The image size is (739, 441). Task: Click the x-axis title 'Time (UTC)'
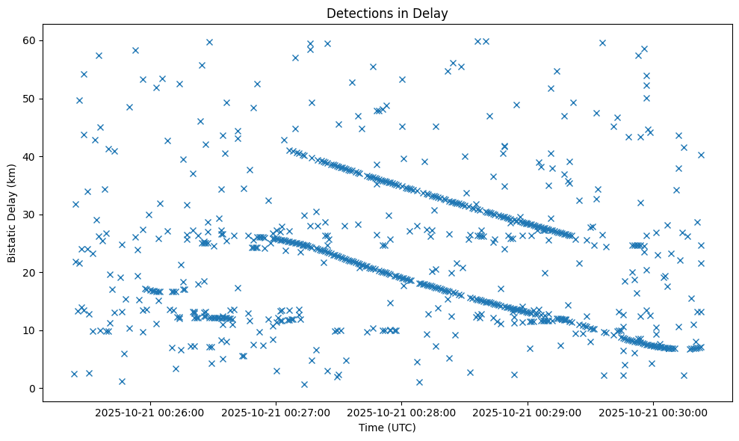[x=387, y=428]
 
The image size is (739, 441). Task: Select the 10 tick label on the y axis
[x=31, y=330]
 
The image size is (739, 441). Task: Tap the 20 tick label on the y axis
[x=31, y=272]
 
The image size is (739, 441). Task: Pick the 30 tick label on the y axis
[x=31, y=215]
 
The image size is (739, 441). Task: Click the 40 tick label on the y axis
[x=31, y=156]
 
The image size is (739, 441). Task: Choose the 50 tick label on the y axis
[x=31, y=99]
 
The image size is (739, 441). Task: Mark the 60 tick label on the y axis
[x=31, y=40]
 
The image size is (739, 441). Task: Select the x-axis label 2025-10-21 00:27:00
[x=276, y=412]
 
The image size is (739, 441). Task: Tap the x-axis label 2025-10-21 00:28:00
[x=402, y=412]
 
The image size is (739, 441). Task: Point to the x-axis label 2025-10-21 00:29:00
[x=528, y=412]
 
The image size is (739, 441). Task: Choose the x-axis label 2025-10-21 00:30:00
[x=654, y=412]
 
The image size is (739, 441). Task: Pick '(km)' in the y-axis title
[x=13, y=170]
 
